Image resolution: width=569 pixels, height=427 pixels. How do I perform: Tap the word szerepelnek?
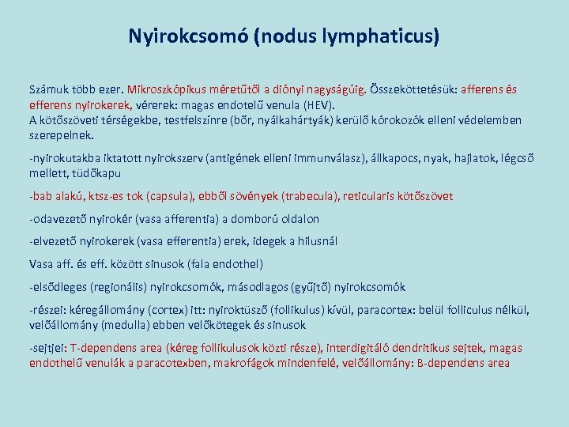(x=62, y=135)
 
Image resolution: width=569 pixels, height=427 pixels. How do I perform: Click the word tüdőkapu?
(x=99, y=172)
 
